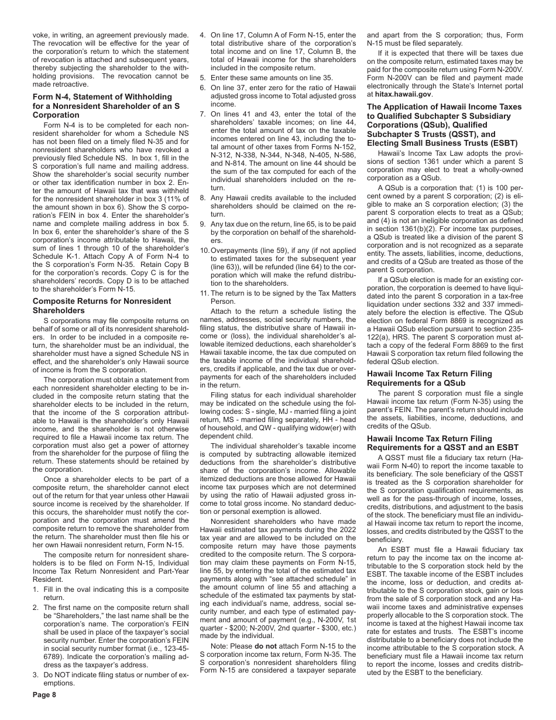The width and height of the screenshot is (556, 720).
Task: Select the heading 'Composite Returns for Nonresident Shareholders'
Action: click(102, 306)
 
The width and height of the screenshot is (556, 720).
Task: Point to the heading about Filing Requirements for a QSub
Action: click(429, 378)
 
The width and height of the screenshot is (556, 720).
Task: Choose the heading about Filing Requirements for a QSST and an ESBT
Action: click(429, 443)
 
